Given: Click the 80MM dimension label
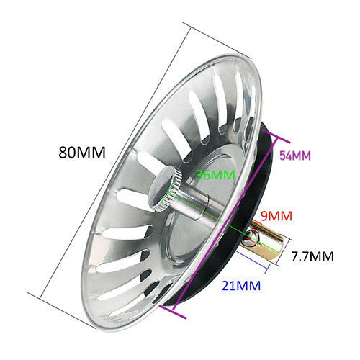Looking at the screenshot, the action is point(82,152).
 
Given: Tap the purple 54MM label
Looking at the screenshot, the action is point(295,156).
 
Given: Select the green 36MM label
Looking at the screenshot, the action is point(215,175).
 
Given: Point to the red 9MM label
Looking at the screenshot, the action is point(276,216).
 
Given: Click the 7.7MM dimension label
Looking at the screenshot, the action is point(312,256).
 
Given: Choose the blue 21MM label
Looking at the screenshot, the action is point(241,286).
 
